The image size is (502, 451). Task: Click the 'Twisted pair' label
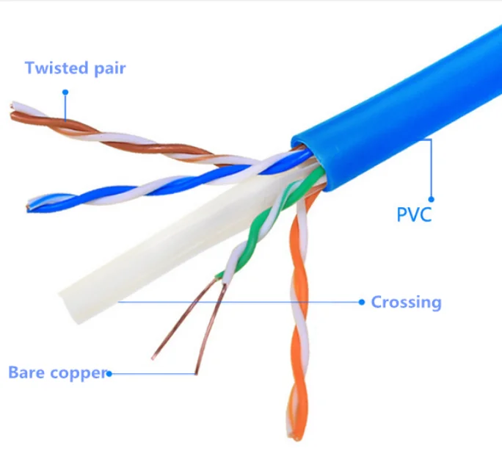75,68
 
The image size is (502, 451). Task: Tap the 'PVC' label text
414,215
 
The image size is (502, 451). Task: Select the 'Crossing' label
406,302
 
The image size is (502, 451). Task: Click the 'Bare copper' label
57,372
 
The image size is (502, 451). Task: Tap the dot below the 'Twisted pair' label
65,93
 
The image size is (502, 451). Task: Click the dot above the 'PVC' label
432,198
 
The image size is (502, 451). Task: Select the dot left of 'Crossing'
361,302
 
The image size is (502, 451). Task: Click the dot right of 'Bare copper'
109,373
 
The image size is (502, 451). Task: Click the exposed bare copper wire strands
191,323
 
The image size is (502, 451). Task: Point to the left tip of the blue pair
31,206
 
